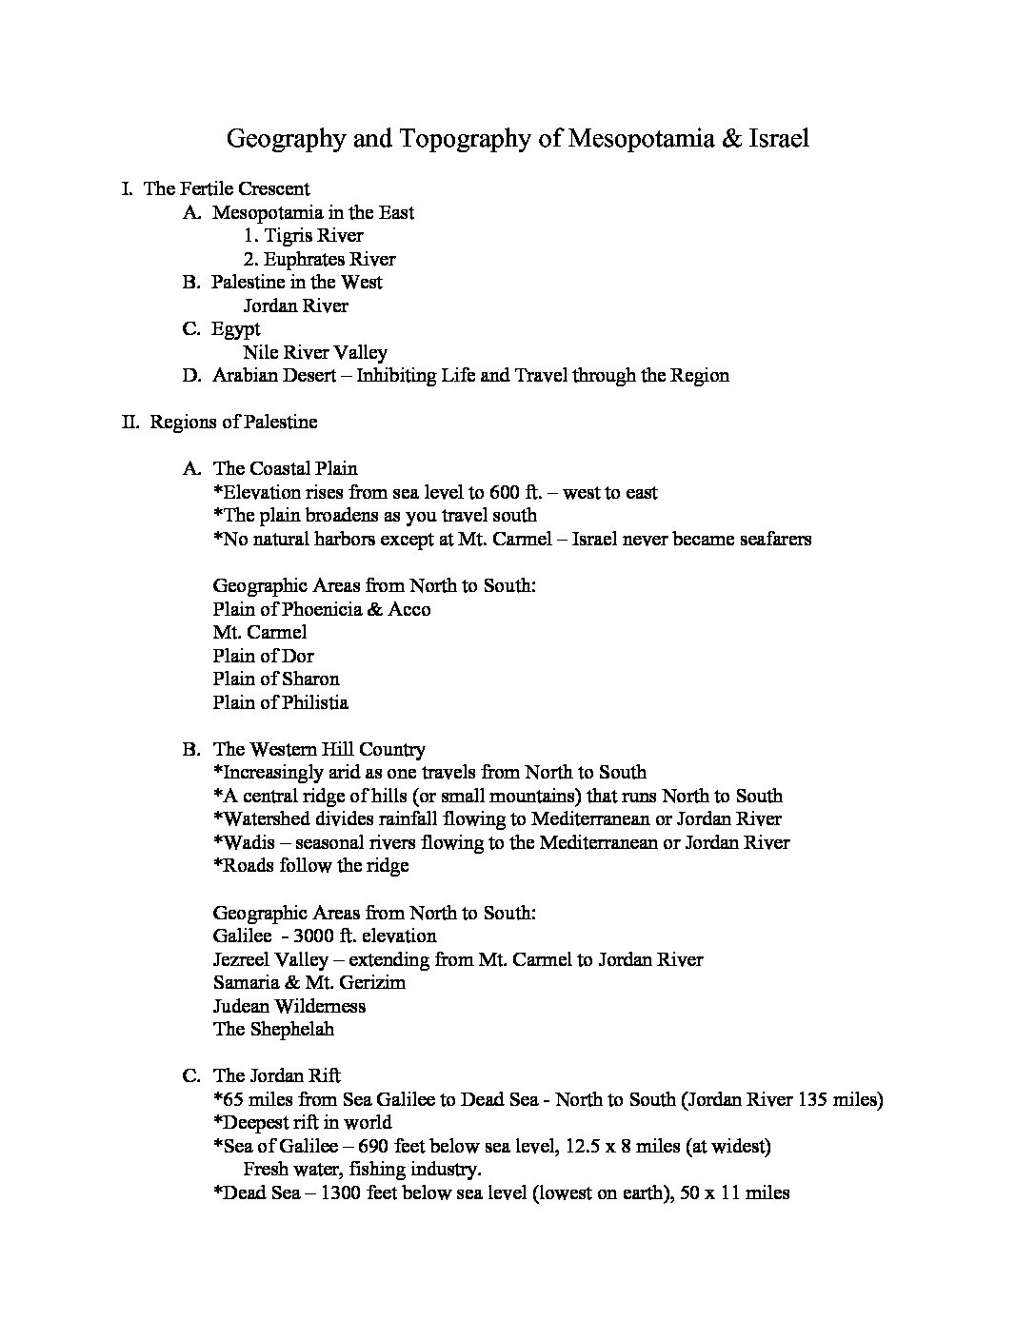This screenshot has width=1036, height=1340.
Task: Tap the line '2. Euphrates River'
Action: (x=318, y=259)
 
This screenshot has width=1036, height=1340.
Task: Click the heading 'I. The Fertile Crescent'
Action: (x=216, y=188)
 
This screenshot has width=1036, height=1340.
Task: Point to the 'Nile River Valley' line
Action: (x=315, y=352)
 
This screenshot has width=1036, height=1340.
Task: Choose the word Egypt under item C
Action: (x=236, y=329)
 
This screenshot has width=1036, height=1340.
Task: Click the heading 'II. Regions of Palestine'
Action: (x=220, y=422)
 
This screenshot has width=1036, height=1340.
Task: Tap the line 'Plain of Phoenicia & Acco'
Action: (x=322, y=609)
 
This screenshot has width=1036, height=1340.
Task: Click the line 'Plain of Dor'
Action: (x=264, y=656)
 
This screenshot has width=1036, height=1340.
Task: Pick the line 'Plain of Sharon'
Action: (x=276, y=679)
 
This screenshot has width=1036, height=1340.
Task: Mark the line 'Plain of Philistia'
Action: (x=281, y=702)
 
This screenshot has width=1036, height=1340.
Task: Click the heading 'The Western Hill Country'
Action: (x=319, y=749)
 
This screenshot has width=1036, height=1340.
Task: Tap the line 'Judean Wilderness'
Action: (x=289, y=1006)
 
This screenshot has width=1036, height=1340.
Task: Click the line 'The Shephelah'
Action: (x=273, y=1029)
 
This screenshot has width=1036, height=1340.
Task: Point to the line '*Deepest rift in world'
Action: (x=303, y=1122)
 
